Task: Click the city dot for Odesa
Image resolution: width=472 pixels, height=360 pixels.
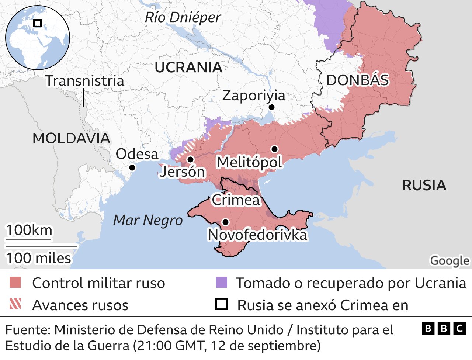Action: point(132,168)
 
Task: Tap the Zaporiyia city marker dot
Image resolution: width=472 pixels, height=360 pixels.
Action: point(272,107)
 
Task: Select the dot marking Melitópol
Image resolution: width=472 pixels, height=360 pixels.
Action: point(274,149)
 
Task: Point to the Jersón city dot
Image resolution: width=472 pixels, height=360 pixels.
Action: point(191,159)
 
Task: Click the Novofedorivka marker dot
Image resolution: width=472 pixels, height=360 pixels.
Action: point(225,222)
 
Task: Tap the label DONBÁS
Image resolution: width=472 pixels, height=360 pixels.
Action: point(358,80)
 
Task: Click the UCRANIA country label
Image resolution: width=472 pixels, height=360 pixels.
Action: point(188,67)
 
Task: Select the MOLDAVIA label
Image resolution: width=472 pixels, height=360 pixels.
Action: point(71,138)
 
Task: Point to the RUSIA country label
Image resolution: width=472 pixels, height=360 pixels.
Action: point(424,185)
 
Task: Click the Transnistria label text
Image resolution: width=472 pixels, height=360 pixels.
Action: point(85,81)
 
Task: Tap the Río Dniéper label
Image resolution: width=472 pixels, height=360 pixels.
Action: point(183,17)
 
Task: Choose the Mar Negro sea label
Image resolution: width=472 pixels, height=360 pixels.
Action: point(148,220)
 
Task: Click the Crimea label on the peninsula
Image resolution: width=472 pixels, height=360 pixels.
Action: point(236,200)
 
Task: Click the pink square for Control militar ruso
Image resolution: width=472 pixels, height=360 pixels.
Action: point(15,283)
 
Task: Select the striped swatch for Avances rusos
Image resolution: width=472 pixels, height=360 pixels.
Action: point(15,304)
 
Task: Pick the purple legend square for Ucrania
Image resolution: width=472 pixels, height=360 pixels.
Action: point(221,283)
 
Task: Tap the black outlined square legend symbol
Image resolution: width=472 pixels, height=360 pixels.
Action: point(222,304)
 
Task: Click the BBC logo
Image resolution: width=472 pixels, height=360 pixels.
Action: point(444,328)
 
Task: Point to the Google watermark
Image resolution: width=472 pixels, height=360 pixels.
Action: point(450,260)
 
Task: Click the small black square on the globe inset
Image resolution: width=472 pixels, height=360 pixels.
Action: point(37,23)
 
